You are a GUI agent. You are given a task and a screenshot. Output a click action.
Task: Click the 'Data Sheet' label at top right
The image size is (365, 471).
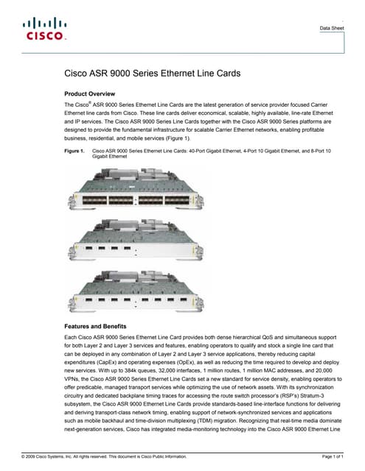331,28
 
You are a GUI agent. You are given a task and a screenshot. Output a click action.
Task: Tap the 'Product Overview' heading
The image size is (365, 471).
90,94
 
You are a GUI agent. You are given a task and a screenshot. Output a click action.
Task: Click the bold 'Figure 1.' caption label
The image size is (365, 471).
75,150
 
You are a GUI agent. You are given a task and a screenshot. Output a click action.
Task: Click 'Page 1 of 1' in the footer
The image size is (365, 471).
333,457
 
